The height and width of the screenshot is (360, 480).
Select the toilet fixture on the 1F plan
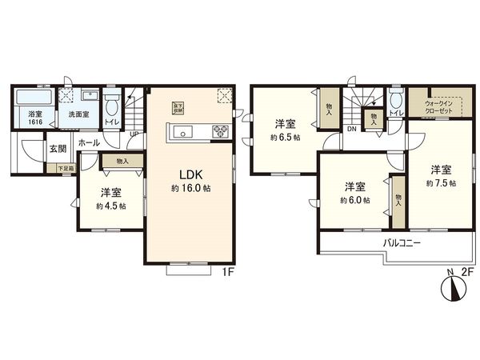(x=112, y=106)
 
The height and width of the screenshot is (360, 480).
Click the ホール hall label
(x=90, y=142)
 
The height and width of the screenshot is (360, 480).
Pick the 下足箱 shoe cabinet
(x=65, y=168)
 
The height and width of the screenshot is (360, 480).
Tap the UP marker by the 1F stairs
(x=134, y=134)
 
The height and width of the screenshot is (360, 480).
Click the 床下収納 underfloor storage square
(x=179, y=106)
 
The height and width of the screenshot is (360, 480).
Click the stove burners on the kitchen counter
(x=218, y=131)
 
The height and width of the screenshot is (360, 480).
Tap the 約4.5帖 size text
(x=111, y=206)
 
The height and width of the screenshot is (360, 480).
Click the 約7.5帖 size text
(x=442, y=183)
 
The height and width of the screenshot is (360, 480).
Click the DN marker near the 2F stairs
(x=351, y=129)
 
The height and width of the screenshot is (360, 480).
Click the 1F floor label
(x=226, y=272)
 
